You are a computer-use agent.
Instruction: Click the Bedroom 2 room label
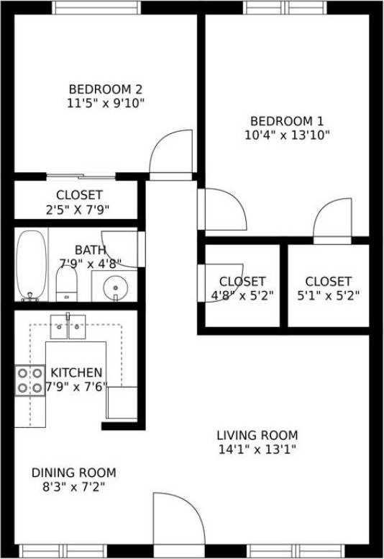[106, 89]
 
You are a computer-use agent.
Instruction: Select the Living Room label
[257, 435]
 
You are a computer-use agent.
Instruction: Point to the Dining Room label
[73, 473]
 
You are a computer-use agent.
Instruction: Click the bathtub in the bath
[31, 264]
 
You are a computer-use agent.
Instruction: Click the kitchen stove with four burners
[29, 381]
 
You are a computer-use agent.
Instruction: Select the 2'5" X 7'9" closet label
[79, 210]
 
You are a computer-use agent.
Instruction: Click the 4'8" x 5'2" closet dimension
[242, 295]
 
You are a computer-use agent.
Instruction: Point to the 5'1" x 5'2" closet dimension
[328, 295]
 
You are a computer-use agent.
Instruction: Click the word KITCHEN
[76, 372]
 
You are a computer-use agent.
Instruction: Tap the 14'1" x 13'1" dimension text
[257, 450]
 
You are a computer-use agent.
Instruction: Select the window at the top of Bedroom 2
[96, 8]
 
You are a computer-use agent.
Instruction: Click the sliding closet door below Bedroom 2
[81, 176]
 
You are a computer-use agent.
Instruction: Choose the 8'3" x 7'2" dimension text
[73, 487]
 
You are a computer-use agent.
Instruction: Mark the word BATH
[90, 250]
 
